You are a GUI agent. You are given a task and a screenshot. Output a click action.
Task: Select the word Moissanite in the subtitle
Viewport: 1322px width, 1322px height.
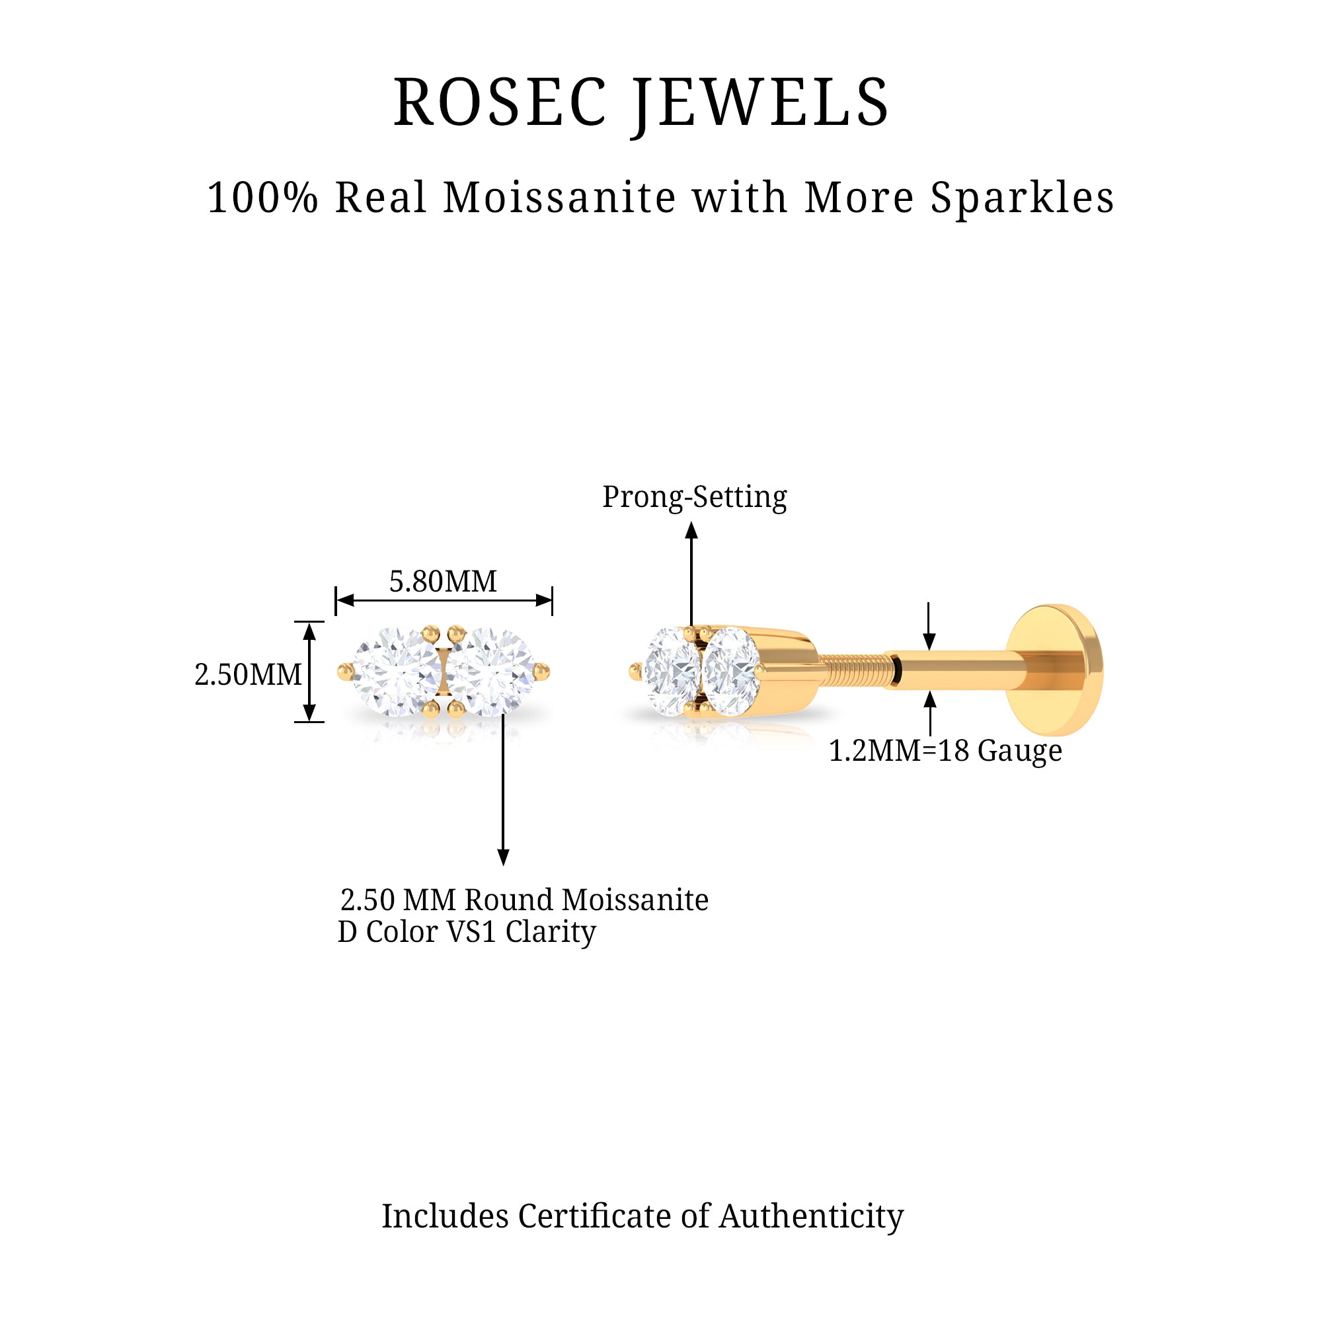click(560, 198)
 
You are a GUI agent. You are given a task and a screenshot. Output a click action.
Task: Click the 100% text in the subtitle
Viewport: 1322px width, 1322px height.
click(263, 198)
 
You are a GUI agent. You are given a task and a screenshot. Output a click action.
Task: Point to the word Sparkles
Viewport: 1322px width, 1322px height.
click(1023, 199)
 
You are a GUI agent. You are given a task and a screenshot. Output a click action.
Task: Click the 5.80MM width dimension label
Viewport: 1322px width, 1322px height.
click(443, 582)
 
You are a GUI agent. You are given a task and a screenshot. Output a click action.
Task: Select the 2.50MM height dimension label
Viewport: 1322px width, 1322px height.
click(248, 675)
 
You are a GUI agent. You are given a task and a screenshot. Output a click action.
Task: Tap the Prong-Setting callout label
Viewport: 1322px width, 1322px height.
click(695, 498)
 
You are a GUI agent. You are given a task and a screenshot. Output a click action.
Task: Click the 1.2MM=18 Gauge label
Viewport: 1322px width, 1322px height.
click(945, 751)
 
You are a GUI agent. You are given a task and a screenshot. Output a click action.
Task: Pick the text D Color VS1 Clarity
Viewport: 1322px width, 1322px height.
click(467, 932)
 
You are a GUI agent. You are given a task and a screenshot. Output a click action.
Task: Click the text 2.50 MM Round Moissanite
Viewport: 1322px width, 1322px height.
click(524, 900)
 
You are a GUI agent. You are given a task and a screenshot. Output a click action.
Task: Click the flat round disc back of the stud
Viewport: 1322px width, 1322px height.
click(1057, 668)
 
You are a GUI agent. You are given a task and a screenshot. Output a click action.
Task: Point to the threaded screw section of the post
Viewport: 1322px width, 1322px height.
click(855, 669)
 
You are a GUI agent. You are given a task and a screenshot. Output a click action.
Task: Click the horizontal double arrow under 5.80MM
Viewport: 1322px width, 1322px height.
click(444, 601)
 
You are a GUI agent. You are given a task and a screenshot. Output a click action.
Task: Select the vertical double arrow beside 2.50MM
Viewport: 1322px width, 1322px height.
click(309, 672)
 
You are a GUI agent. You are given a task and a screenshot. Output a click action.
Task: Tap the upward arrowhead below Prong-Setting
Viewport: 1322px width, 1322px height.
click(692, 530)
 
